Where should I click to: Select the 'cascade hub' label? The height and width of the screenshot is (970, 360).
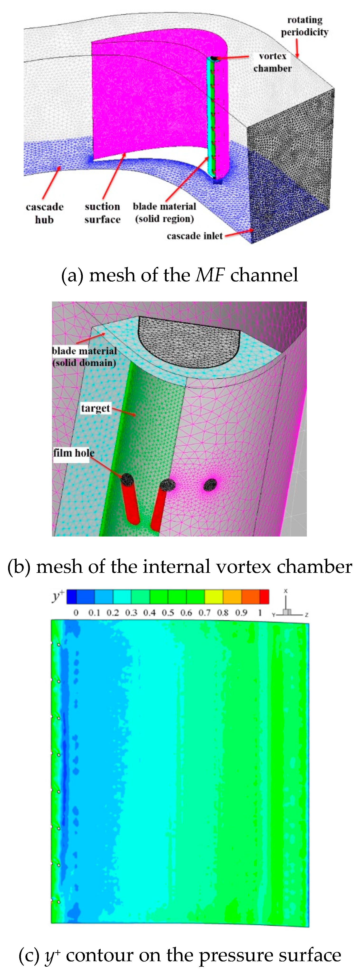tap(44, 213)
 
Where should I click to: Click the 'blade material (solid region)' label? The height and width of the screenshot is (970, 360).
tap(164, 212)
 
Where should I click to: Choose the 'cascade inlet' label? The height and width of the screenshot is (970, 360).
tap(195, 236)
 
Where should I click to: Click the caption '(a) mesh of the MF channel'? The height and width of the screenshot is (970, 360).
tap(180, 275)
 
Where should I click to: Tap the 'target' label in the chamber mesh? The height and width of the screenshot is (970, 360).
tap(95, 408)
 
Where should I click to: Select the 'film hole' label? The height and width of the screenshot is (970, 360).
tap(73, 453)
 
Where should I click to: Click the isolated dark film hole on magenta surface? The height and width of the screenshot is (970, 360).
tap(210, 484)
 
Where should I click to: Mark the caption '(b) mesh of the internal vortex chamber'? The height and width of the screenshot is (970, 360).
tap(180, 567)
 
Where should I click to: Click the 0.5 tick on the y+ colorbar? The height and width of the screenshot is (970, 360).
tap(168, 613)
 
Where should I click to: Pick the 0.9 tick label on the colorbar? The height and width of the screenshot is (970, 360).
tap(241, 613)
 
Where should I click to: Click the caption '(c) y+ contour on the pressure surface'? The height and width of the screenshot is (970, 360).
tap(180, 955)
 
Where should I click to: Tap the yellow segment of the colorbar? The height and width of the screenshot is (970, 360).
tap(214, 597)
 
